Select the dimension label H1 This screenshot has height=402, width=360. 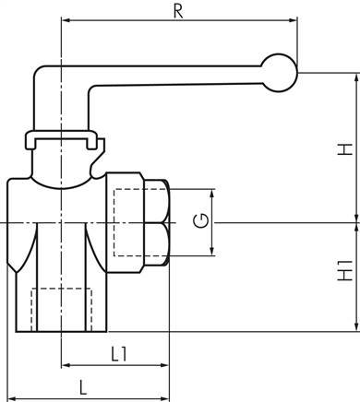pos(344,274)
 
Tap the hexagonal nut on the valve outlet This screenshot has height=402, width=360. pos(152,221)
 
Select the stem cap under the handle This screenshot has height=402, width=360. pos(62,140)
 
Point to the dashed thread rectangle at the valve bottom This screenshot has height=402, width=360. pos(62,310)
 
